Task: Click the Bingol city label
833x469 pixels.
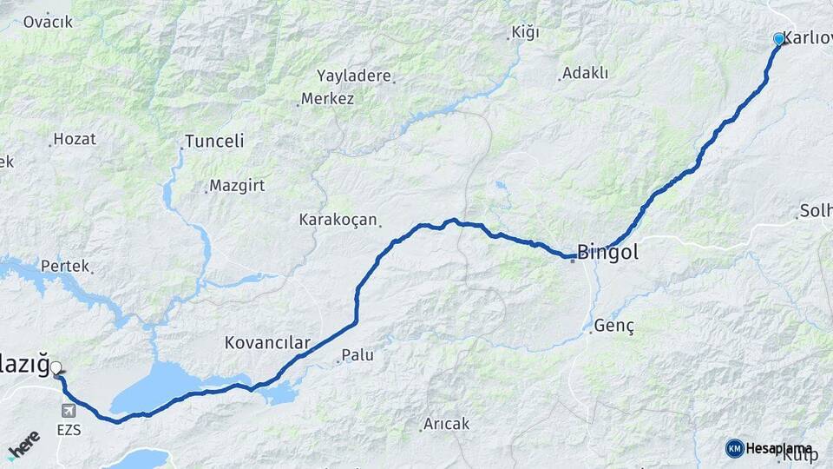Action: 607,253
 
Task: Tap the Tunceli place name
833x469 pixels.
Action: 214,142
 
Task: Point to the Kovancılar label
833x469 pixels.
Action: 266,342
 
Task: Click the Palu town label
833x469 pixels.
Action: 357,354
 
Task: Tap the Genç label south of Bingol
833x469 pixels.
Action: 614,327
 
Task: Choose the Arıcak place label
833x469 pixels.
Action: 446,424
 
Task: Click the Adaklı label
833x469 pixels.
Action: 585,73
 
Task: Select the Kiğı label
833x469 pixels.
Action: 525,32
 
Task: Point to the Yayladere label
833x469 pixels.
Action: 354,76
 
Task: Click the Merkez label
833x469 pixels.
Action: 327,99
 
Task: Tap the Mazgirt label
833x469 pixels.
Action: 236,186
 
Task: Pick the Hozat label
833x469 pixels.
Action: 75,138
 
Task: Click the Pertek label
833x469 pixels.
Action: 64,266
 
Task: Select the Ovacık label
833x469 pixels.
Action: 48,22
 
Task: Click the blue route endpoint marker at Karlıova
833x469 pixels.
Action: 778,39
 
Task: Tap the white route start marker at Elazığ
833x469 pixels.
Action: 56,368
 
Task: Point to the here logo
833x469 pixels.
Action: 23,444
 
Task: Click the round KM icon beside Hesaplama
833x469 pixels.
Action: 734,448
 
